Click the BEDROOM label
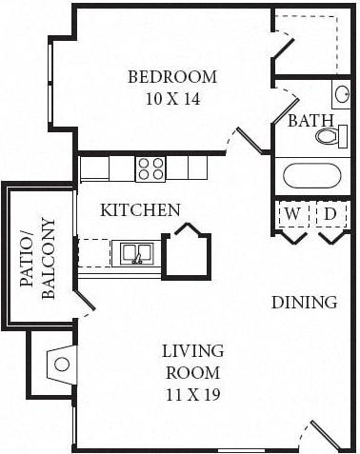point(172,76)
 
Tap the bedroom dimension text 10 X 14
point(172,97)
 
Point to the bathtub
point(311,176)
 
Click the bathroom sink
point(341,94)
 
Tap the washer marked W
point(291,215)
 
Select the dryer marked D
point(329,215)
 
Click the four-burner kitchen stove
point(150,168)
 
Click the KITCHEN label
point(141,209)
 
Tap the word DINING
point(304,303)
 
